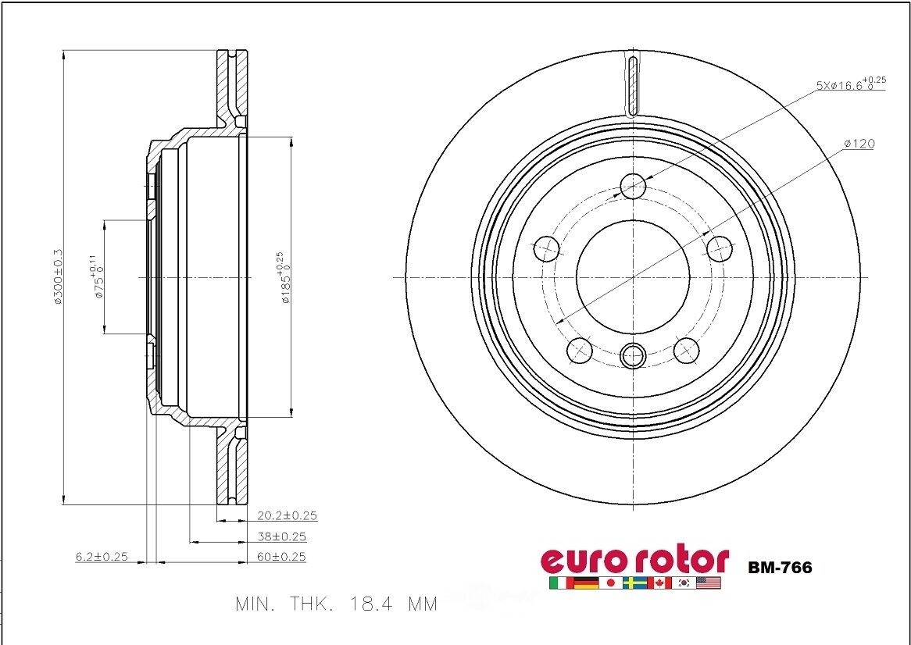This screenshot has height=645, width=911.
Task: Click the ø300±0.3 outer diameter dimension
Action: pos(58,277)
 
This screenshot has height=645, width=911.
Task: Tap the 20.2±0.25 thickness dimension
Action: pos(287,515)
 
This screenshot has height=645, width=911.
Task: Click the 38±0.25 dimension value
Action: pos(281,536)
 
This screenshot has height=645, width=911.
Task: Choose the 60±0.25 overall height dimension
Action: pos(281,557)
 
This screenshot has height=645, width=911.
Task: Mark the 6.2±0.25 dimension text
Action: pos(101,557)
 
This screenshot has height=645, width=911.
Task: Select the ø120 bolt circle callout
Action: pos(859,144)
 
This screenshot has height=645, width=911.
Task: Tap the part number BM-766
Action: pos(780,568)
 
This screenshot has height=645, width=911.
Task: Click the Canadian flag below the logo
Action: pos(659,583)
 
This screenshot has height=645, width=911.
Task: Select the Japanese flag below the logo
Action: pos(610,583)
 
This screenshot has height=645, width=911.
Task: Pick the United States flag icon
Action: pos(709,583)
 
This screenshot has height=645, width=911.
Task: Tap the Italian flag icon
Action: pos(560,583)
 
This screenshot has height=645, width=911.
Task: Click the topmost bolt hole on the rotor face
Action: pos(633,186)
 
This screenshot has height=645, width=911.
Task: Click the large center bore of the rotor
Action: pos(633,276)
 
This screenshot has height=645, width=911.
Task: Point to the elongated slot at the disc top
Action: pos(633,84)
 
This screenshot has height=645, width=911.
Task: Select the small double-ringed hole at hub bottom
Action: pos(633,356)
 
